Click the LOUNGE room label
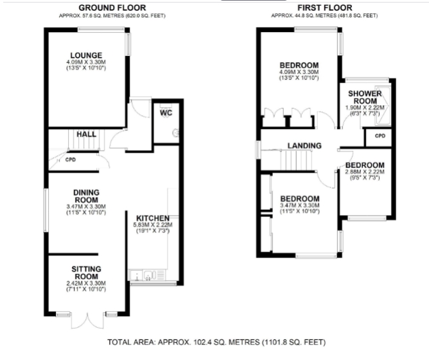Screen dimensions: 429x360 tap(86, 55)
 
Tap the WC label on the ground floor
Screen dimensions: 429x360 tap(166, 113)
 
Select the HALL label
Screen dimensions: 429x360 tap(87, 134)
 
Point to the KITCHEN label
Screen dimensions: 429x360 tap(153, 218)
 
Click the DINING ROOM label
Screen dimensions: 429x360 tap(86, 196)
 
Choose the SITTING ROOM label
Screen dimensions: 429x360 tap(86, 273)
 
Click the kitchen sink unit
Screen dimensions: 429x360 tap(147, 275)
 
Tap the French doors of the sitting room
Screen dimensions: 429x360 tap(87, 320)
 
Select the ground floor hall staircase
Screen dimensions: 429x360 tap(86, 140)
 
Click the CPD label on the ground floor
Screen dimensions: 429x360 tap(71, 160)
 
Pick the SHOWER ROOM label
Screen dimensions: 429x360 tap(365, 97)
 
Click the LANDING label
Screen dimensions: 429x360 tap(304, 146)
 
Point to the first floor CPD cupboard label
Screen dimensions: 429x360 tap(380, 136)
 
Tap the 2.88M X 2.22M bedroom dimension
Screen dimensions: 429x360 tap(365, 172)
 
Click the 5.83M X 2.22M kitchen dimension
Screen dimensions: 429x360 tap(153, 225)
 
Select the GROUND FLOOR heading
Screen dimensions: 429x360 tap(112, 8)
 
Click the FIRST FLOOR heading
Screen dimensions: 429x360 tap(325, 8)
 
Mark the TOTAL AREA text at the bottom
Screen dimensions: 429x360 tap(216, 342)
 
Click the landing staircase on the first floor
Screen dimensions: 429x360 tap(296, 160)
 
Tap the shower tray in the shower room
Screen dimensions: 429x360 tap(383, 106)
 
